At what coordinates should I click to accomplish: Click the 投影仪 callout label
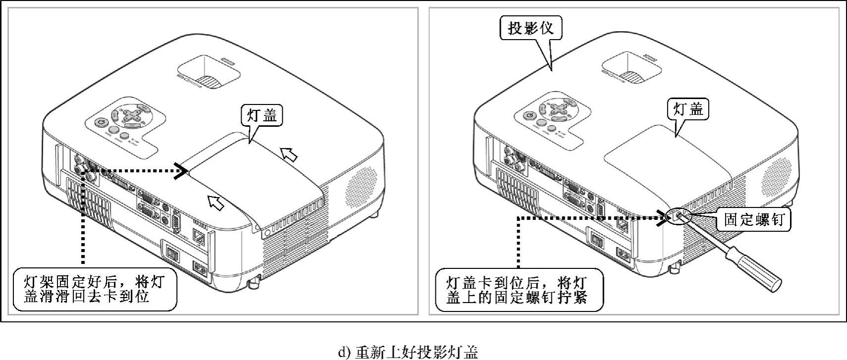click(x=530, y=28)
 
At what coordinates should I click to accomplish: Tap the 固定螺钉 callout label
click(x=754, y=219)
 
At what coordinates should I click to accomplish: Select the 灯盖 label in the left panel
click(x=262, y=115)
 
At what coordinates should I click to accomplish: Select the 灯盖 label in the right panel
click(x=688, y=109)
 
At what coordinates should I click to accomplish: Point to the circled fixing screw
click(x=678, y=215)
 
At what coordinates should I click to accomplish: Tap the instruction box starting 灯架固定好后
click(x=94, y=290)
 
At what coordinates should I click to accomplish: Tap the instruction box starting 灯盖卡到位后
click(x=519, y=290)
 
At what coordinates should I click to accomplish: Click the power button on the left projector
click(x=101, y=123)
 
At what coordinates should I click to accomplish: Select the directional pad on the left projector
click(x=132, y=115)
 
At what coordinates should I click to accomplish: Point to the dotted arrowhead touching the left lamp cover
click(x=181, y=171)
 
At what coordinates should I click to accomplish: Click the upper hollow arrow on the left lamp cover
click(x=289, y=154)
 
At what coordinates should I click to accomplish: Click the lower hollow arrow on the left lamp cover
click(x=215, y=202)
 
